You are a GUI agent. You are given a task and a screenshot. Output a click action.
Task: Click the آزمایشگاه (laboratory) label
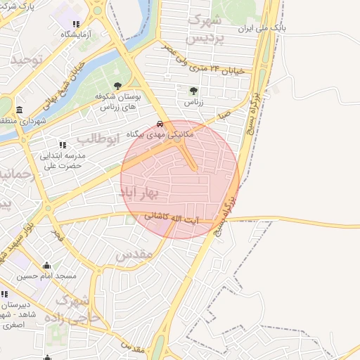coord(75,34)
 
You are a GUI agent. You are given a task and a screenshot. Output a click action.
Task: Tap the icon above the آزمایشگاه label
coord(75,22)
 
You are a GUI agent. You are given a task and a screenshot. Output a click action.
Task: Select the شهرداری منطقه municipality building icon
coord(18,110)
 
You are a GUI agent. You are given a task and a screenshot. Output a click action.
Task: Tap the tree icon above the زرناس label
coord(193,90)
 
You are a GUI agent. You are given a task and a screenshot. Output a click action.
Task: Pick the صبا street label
coord(224,112)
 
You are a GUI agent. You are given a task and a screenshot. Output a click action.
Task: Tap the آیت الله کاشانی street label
coord(172,219)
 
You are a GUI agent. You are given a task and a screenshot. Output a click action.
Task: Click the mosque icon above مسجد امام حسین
coord(47,266)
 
